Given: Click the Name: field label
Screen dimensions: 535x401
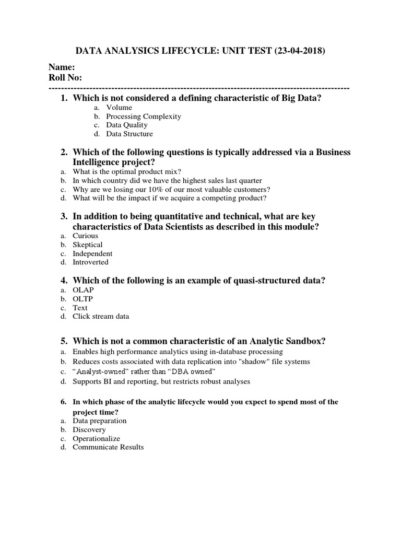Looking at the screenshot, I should (x=62, y=67).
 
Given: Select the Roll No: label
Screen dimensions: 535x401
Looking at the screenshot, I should (x=65, y=78).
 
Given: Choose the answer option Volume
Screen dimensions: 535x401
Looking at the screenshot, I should (x=119, y=108).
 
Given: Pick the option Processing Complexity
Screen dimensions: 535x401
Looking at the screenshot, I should (x=144, y=117).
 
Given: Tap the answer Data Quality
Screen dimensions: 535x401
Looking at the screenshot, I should (x=127, y=125).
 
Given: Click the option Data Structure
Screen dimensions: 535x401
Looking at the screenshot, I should (x=129, y=134).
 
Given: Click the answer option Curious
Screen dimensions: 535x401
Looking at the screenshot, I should (x=85, y=236).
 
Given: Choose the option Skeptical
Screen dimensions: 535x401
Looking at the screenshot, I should (x=87, y=245).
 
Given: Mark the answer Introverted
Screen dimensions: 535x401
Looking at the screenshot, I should (x=90, y=262).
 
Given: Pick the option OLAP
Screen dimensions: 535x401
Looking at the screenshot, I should (x=84, y=290).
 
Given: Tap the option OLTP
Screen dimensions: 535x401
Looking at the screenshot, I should (x=83, y=299).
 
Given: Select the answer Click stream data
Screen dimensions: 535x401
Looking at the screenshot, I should (x=101, y=316).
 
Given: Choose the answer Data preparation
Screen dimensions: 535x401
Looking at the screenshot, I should (x=99, y=421).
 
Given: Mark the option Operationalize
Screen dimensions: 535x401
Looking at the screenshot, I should (x=96, y=438).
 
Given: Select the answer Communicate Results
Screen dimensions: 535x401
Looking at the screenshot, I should (x=108, y=447).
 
